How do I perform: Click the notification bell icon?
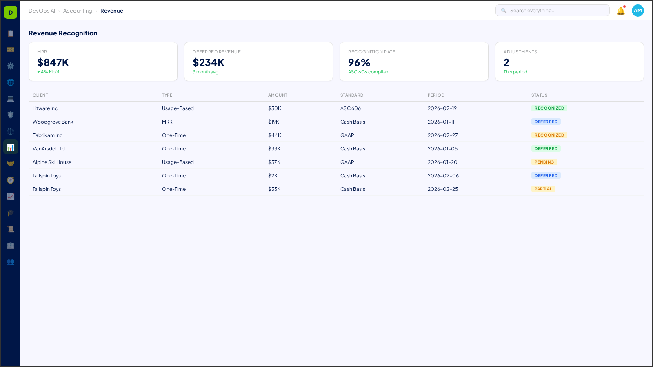click(x=620, y=11)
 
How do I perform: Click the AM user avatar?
click(x=637, y=11)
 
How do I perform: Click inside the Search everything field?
click(x=555, y=11)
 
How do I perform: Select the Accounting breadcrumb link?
click(x=78, y=11)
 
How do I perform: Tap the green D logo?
click(x=11, y=12)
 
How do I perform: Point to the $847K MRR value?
click(x=53, y=62)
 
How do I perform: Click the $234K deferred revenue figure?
click(x=209, y=62)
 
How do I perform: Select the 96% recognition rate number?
click(x=359, y=62)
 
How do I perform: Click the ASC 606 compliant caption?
click(x=369, y=72)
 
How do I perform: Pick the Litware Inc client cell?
click(x=45, y=108)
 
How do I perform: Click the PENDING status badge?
click(x=544, y=162)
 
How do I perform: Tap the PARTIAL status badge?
click(x=543, y=189)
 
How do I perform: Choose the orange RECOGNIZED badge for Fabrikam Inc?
click(x=549, y=135)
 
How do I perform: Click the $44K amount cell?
click(x=275, y=135)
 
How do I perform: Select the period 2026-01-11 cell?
click(x=441, y=122)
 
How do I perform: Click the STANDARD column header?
click(x=352, y=95)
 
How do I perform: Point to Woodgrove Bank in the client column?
click(x=53, y=122)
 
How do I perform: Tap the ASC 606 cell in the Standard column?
click(x=351, y=108)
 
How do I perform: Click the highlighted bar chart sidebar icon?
click(x=11, y=147)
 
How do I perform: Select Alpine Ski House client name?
click(x=52, y=162)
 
